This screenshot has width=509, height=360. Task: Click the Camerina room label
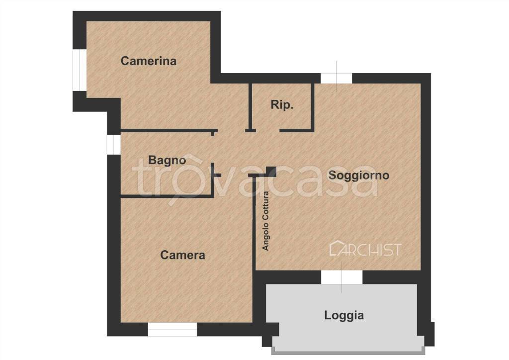pos(149,61)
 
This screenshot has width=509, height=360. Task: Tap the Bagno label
pos(167,160)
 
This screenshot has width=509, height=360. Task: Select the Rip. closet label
pos(282,105)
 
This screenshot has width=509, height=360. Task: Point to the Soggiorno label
pos(358,175)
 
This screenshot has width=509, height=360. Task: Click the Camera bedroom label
pos(182,255)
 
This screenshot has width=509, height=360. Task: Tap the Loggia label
pos(344,315)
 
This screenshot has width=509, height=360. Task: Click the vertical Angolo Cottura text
pos(266,221)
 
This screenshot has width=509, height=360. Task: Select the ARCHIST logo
pos(365,249)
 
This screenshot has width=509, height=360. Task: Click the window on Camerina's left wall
pos(80,70)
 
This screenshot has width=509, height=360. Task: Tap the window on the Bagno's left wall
pos(113,144)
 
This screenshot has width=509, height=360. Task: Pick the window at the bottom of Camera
pos(172,329)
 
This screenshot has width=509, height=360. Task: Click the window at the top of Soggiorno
pos(336,79)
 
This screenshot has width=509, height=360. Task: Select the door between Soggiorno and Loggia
pos(341,277)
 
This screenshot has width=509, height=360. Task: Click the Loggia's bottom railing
pos(347,351)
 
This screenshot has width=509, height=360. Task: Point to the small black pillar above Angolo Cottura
pos(271,171)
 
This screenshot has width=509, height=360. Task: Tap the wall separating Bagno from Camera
pos(167,196)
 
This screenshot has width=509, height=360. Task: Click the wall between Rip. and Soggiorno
pos(313,107)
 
